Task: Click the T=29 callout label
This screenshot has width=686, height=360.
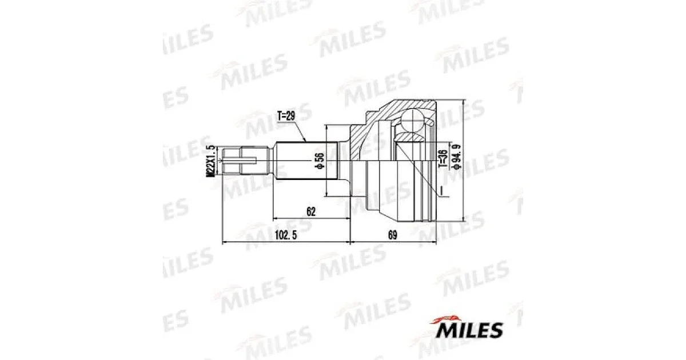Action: point(286,117)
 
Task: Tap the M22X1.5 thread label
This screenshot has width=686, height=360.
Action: point(210,161)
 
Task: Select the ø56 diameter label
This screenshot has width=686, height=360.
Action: point(319,161)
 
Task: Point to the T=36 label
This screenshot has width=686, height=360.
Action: point(442,158)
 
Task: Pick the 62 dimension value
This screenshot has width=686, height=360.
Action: point(310,211)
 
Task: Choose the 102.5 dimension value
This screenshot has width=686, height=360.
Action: point(286,235)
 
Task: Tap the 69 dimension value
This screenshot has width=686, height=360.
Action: point(392,235)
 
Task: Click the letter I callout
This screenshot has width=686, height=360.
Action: point(441,190)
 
